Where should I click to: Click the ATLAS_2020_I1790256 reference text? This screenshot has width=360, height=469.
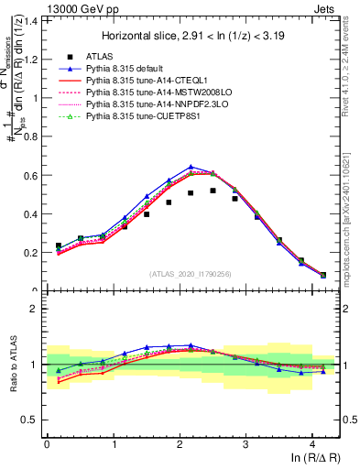coord(189,273)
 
